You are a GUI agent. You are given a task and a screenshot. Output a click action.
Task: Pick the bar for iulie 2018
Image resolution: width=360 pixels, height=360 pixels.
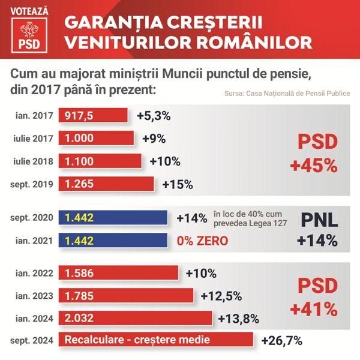[x=100, y=161]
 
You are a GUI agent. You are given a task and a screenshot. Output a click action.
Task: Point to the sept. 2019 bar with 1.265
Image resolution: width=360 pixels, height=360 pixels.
[x=106, y=183]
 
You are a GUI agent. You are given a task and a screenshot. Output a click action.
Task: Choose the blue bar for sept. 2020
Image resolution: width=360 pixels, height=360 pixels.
[x=112, y=218]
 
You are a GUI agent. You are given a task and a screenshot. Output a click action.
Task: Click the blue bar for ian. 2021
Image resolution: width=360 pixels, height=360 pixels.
[x=112, y=241]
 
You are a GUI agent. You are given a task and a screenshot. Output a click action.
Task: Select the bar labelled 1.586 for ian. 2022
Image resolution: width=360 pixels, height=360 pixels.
[x=118, y=273]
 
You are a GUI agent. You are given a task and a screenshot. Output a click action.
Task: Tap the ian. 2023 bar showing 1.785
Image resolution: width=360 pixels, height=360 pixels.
[x=125, y=295]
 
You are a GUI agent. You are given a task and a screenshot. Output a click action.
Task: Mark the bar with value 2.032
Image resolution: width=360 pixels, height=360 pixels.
[x=135, y=317]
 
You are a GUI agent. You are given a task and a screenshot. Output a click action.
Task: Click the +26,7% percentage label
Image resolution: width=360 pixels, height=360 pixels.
[x=281, y=341]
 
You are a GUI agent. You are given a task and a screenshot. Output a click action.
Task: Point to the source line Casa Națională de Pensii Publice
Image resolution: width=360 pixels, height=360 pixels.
[x=287, y=94]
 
